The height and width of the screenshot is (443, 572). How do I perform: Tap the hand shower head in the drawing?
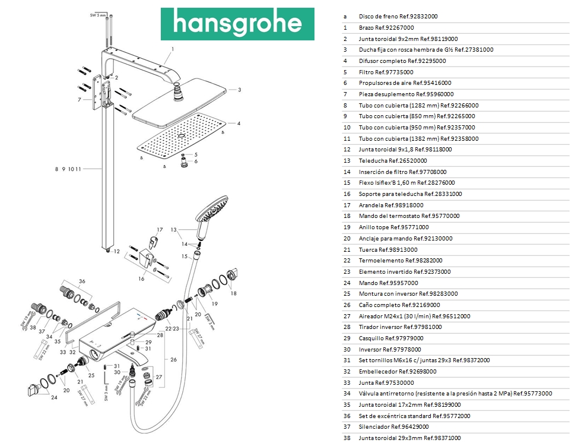point(210,211)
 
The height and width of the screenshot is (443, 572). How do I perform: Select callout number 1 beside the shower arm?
point(173,49)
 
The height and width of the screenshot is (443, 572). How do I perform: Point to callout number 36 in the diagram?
point(82,281)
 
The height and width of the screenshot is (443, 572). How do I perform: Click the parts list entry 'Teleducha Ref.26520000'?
point(393,160)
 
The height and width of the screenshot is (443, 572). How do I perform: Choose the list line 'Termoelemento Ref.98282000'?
point(401,260)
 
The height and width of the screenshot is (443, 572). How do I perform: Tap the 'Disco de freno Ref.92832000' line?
point(398,17)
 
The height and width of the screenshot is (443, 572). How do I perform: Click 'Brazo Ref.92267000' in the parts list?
point(386,28)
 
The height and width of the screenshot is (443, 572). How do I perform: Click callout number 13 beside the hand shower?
point(174,229)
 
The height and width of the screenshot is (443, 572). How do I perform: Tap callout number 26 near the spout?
point(174,359)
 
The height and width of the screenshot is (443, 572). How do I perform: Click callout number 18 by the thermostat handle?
point(233,293)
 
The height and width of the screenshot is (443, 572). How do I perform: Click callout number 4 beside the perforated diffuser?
point(239,124)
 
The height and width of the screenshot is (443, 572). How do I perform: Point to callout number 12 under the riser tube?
point(116,251)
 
